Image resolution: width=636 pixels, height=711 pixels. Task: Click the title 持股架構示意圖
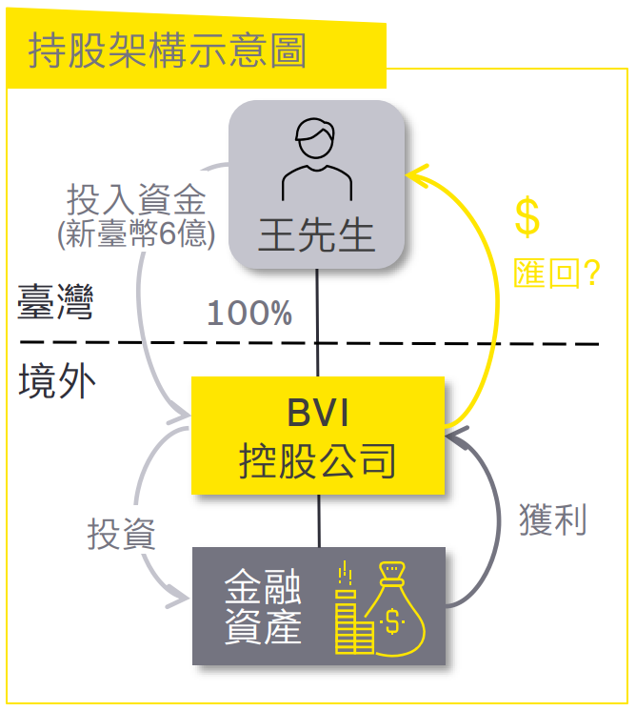click(168, 51)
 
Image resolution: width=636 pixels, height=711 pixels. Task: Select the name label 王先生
click(317, 234)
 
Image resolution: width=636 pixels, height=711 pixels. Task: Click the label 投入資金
click(136, 201)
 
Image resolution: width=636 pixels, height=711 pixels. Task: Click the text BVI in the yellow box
click(318, 416)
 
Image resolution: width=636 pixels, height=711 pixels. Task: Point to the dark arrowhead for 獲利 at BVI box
click(456, 438)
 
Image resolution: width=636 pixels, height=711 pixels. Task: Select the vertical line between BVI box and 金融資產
click(319, 520)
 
